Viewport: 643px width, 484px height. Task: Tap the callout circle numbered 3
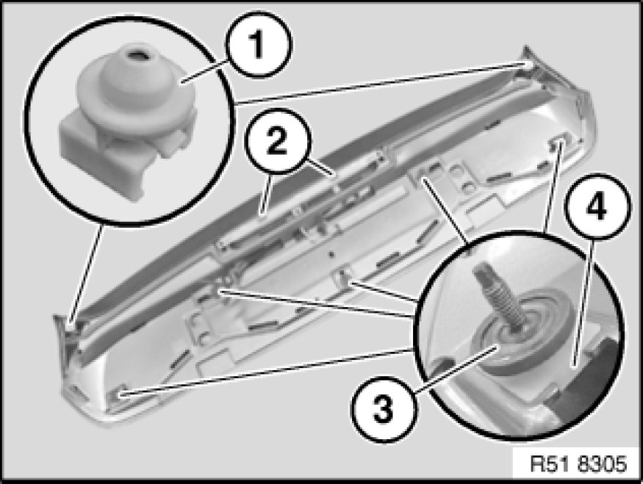click(384, 409)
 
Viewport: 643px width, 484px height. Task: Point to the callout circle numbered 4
click(597, 207)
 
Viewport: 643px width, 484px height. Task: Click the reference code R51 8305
click(578, 464)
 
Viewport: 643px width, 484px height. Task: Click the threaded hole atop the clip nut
click(134, 54)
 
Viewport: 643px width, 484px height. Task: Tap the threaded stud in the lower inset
click(497, 296)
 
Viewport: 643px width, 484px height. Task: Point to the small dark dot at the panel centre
click(331, 255)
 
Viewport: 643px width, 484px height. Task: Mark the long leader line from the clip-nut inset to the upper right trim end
click(380, 82)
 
